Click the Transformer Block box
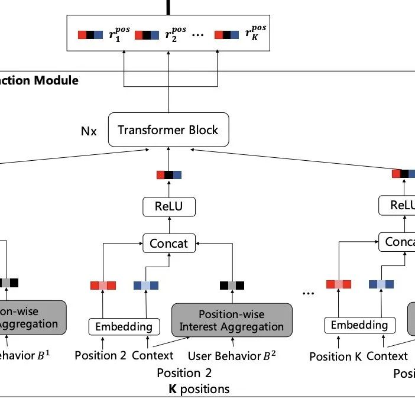coord(168,130)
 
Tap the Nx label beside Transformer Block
coord(89,131)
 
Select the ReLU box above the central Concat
coord(169,206)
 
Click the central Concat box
coord(169,242)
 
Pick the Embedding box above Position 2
coord(124,326)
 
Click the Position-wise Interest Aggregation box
coord(232,320)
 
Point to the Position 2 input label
coord(100,355)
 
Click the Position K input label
coord(335,356)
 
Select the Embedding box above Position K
coord(359,325)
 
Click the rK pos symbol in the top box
coord(255,34)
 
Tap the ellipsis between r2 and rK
coord(198,35)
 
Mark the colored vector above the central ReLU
coord(169,175)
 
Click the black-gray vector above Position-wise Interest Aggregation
coord(232,286)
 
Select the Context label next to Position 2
coord(153,355)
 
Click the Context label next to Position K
coord(387,356)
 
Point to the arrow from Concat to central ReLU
coord(169,225)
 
